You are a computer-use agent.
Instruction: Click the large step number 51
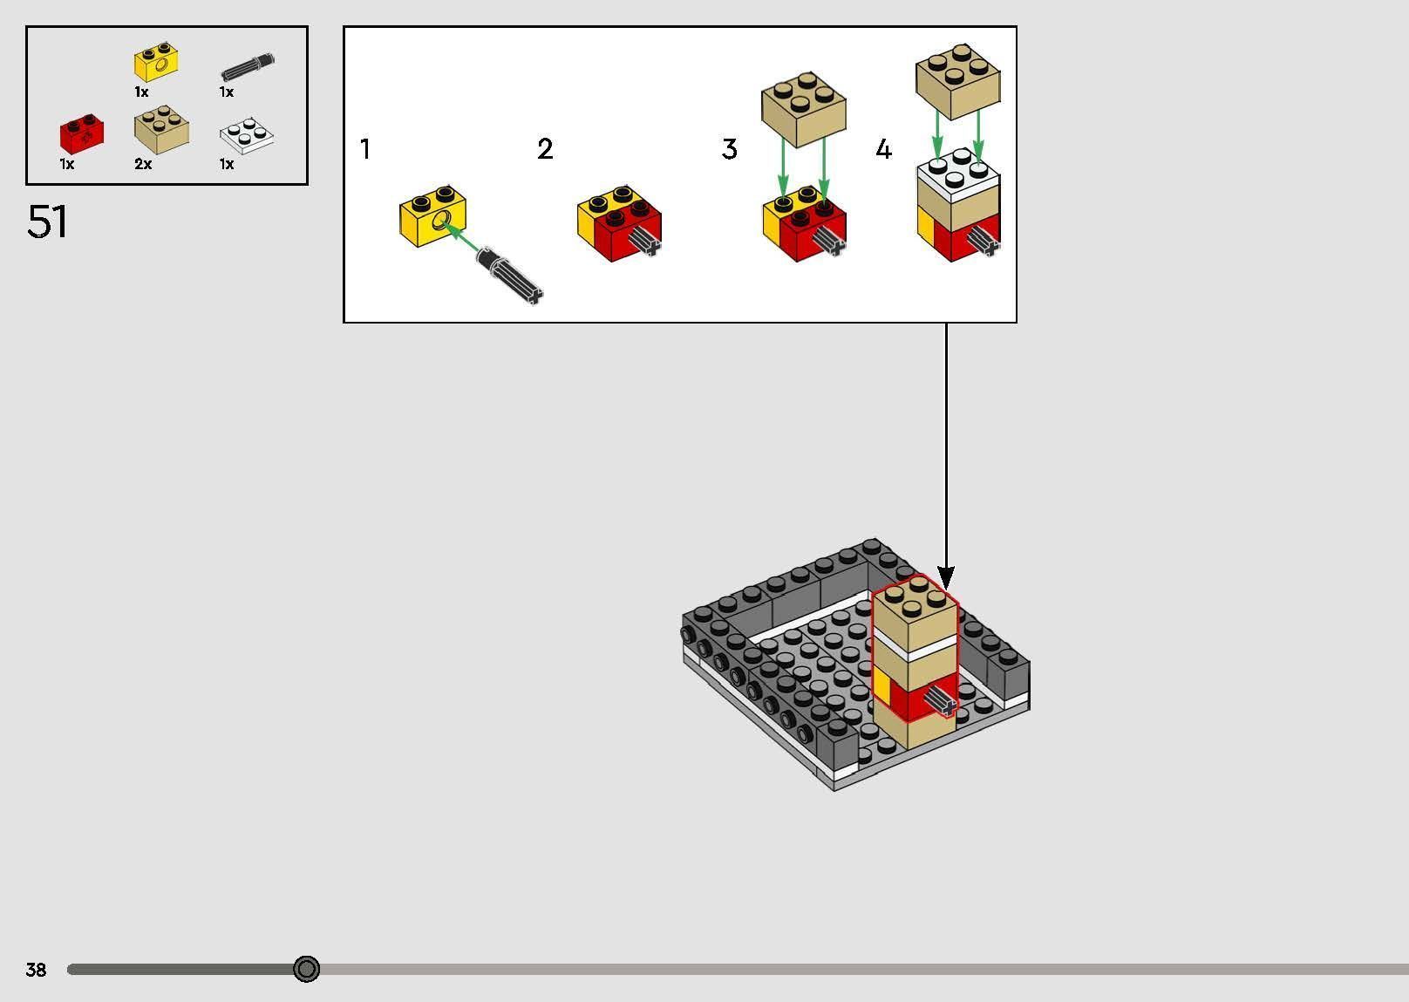47,222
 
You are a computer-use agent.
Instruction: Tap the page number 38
36,969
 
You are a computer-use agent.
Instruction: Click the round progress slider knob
306,969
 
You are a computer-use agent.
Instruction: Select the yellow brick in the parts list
156,62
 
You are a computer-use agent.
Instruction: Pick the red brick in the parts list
82,134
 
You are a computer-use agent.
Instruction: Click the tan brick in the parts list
161,130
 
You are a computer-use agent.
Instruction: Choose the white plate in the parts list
247,135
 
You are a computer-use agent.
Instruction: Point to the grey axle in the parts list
248,67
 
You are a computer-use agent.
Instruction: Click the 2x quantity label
143,164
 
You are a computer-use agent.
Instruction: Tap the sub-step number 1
364,149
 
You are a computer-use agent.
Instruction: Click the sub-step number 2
545,149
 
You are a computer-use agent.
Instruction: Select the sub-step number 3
729,149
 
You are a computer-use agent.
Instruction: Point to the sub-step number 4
884,149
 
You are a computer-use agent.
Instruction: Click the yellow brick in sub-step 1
432,215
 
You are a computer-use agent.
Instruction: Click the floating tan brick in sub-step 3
803,110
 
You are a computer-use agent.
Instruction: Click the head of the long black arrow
946,576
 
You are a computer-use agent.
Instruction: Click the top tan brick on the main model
915,613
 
